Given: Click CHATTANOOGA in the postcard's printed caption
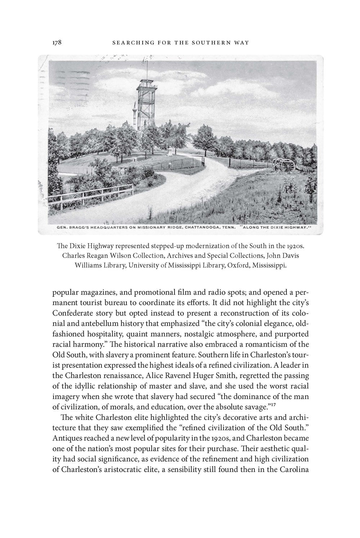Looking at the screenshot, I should [201, 227].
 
